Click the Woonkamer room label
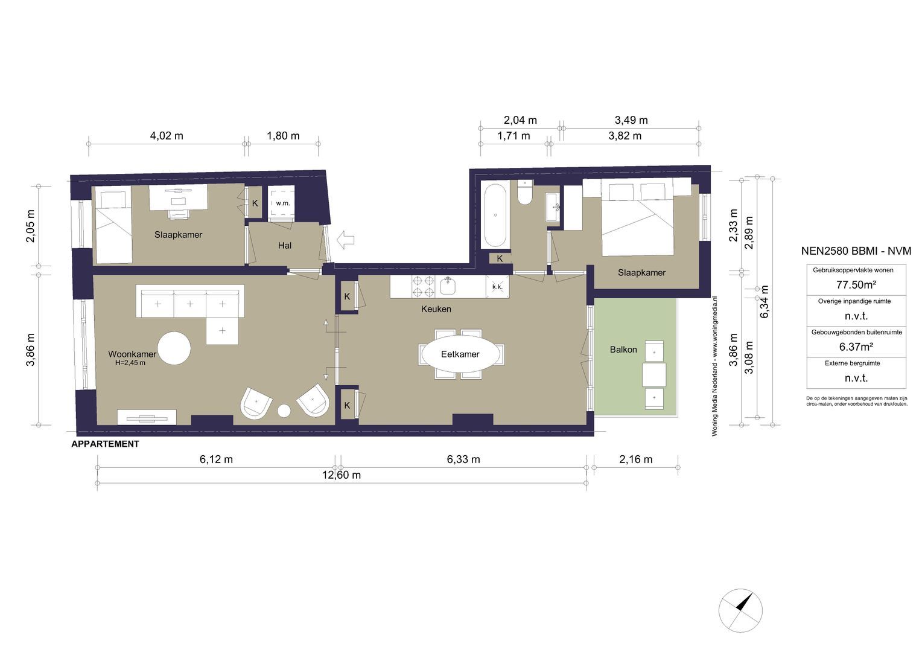click(x=132, y=354)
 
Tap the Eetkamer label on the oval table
click(x=460, y=354)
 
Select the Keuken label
click(x=436, y=309)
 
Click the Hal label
click(x=285, y=246)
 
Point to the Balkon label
click(x=623, y=350)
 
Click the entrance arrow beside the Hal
click(x=345, y=240)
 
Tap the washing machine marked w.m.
click(x=282, y=203)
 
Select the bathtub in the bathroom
click(x=495, y=216)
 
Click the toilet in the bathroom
click(x=525, y=193)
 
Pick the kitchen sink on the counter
click(x=447, y=284)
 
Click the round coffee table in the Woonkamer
click(x=174, y=348)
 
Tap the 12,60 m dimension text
click(x=341, y=475)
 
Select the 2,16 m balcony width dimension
click(x=635, y=459)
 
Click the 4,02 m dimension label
click(x=167, y=136)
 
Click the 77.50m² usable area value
click(x=856, y=284)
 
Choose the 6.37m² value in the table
click(x=856, y=347)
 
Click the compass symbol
click(x=740, y=610)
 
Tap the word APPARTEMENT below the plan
click(x=105, y=444)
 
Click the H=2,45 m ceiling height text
click(x=130, y=363)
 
